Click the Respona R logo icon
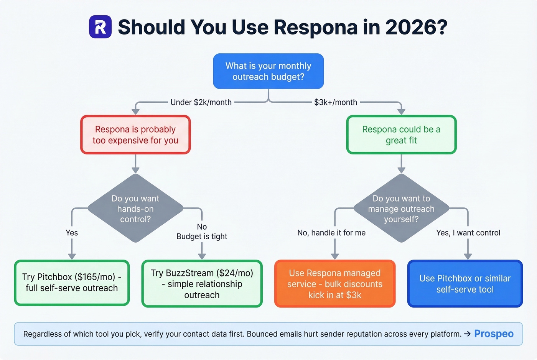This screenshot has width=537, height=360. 100,27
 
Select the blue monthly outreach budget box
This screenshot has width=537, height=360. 268,71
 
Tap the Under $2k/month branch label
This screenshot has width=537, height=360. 201,102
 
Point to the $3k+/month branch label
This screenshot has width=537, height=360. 336,102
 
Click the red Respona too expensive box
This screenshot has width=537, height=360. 135,135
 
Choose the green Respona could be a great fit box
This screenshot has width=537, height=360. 401,135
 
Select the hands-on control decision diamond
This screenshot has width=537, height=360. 135,209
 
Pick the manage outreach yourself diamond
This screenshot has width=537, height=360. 401,209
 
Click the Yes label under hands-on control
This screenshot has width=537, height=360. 72,233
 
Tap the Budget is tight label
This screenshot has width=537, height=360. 202,237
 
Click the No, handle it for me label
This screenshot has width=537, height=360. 331,233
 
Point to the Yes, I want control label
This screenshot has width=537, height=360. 468,233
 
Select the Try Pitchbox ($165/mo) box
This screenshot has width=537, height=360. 72,283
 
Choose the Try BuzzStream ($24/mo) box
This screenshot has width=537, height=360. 202,284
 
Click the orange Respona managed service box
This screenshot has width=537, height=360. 335,284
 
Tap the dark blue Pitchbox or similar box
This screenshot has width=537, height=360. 465,284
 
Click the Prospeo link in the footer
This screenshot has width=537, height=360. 494,334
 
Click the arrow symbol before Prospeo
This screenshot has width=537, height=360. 467,334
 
